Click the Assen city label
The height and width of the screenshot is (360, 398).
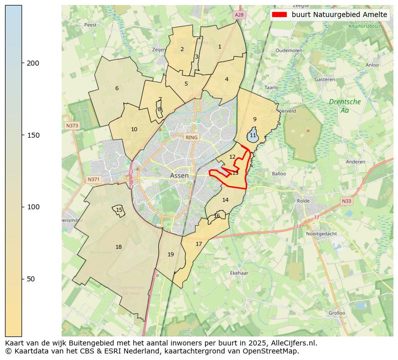tap(179, 176)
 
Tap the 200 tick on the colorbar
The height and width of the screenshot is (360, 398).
tap(22, 63)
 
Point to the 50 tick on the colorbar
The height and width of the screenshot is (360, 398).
tap(22, 279)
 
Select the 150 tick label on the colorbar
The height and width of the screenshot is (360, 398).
tap(33, 135)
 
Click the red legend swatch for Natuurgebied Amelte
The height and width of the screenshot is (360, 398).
tap(280, 15)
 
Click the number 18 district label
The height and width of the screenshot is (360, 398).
tap(118, 247)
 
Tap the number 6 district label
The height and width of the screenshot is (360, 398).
tap(117, 88)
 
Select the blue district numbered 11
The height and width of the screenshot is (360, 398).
tap(253, 136)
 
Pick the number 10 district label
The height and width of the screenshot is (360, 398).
tap(134, 129)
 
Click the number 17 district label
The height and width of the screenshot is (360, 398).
tap(198, 244)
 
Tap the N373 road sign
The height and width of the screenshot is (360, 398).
tap(72, 125)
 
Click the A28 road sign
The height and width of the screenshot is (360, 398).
tap(239, 16)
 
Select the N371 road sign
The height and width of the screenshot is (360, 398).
tap(93, 179)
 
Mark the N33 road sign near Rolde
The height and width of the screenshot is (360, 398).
tap(346, 201)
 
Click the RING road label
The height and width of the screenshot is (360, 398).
tap(191, 137)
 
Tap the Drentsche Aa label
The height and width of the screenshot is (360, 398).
tap(344, 106)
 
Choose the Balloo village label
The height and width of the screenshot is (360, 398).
tap(279, 174)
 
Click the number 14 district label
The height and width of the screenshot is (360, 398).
tap(225, 200)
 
